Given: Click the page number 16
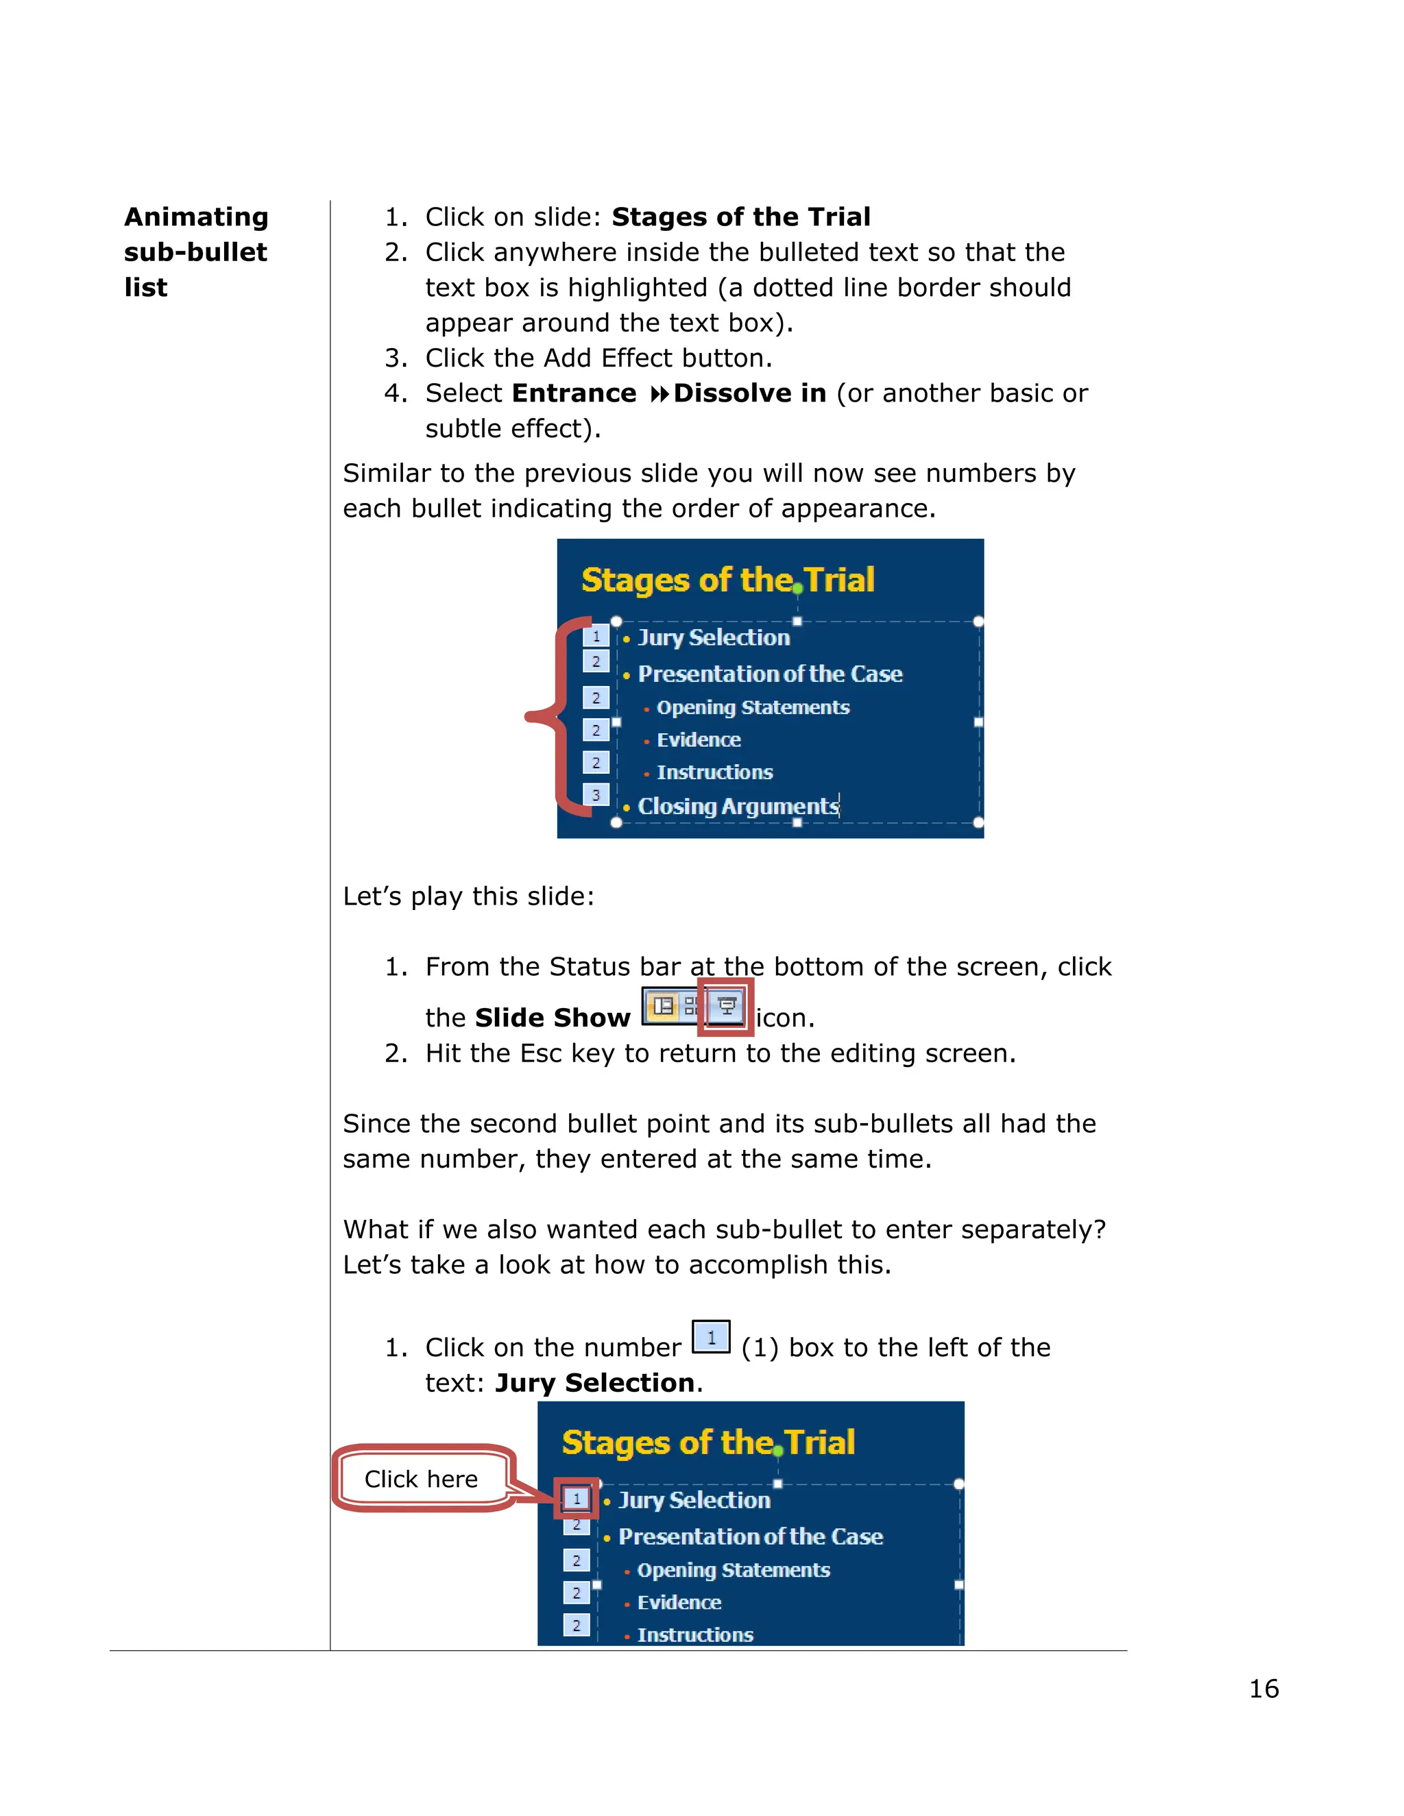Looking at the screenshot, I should [x=1263, y=1689].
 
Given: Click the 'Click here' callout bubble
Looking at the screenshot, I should [x=421, y=1478].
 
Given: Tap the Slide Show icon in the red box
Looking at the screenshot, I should [x=726, y=1006].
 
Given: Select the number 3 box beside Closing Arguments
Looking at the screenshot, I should [x=596, y=795].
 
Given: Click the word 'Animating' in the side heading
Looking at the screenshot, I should [x=196, y=217].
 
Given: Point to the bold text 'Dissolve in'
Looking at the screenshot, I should [x=749, y=393].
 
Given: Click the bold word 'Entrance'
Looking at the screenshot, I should [x=574, y=393].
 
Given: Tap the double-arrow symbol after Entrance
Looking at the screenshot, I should [x=659, y=394].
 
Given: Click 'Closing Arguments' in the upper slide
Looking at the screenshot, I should [x=738, y=807].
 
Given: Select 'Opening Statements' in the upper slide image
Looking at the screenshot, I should [x=753, y=708].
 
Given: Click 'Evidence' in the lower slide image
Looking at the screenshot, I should [x=679, y=1602].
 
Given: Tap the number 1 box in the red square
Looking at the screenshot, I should [x=577, y=1498].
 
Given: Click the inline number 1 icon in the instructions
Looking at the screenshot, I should [x=711, y=1337].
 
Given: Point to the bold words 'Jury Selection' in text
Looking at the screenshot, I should [x=594, y=1383].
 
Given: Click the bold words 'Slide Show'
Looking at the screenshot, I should [x=553, y=1018].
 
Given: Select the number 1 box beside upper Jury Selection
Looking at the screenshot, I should [x=596, y=636].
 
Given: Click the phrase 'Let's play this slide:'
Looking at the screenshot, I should [x=468, y=896].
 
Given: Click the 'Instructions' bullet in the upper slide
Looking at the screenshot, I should [x=714, y=772].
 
